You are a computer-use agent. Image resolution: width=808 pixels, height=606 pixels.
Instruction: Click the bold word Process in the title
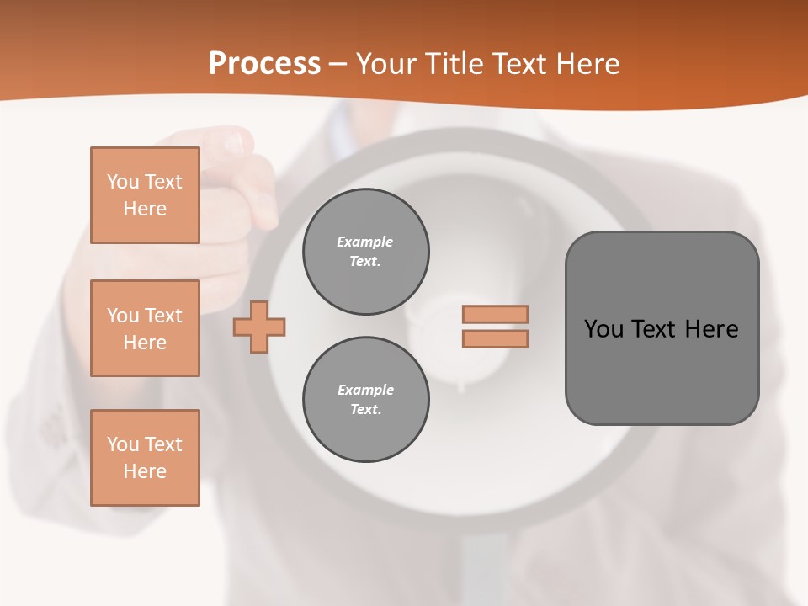[x=264, y=63]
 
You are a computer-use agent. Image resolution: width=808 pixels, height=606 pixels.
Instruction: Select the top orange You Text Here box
[x=145, y=195]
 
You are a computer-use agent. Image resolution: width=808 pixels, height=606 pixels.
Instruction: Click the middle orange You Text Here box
[x=145, y=328]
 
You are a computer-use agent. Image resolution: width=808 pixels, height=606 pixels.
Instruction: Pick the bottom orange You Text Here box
[x=145, y=458]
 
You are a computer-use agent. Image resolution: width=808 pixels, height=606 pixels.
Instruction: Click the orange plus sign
[x=259, y=327]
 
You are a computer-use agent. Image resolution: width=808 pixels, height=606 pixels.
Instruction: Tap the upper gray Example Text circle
[x=365, y=252]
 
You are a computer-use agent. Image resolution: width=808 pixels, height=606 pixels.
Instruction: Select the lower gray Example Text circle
[x=365, y=400]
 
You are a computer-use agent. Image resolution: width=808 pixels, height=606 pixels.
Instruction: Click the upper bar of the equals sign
[x=496, y=314]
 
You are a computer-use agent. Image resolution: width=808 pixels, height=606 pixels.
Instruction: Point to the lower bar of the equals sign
[x=496, y=338]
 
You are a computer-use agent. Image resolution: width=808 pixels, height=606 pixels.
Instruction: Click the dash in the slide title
[x=338, y=64]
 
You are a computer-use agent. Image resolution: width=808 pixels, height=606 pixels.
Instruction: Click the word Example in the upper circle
[x=365, y=242]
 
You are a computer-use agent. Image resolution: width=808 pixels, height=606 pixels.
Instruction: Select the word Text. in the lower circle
[x=365, y=410]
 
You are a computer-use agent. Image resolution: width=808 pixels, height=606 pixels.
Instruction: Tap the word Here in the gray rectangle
[x=711, y=328]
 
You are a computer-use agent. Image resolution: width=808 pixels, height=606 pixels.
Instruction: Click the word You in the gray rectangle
[x=603, y=328]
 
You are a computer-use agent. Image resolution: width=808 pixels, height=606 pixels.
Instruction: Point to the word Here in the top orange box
[x=145, y=209]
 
